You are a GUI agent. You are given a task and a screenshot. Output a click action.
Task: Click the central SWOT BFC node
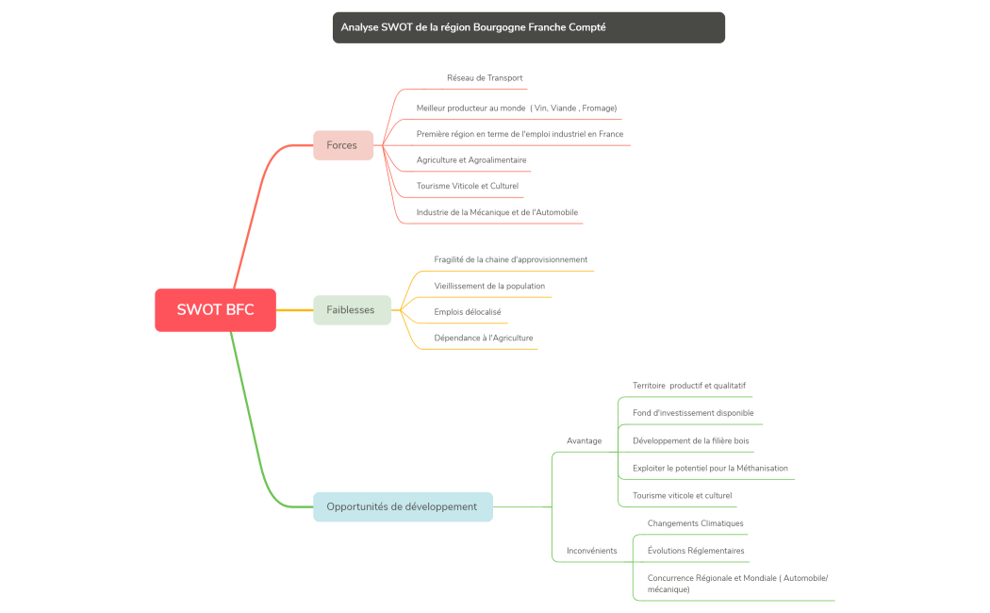[x=215, y=310]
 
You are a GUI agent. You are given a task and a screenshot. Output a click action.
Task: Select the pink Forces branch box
[x=342, y=145]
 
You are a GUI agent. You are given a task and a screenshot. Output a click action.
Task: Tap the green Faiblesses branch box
[x=351, y=309]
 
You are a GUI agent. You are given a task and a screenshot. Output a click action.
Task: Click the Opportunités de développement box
[x=403, y=506]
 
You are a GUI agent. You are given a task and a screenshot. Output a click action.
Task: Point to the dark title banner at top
[x=528, y=27]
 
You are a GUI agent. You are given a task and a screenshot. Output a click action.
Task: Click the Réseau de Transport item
[x=485, y=78]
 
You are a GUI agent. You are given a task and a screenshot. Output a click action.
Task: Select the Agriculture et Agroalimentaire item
[x=471, y=160]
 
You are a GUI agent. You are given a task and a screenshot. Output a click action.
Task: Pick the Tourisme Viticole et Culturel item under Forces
[x=468, y=186]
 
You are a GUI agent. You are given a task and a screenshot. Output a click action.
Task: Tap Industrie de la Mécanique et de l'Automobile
[x=497, y=212]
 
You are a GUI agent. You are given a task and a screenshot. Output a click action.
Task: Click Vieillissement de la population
[x=489, y=286]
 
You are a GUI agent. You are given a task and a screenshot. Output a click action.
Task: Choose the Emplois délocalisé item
[x=468, y=311]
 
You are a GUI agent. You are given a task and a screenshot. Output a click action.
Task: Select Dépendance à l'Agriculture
[x=484, y=338]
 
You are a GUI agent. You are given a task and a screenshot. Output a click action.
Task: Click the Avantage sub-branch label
[x=584, y=440]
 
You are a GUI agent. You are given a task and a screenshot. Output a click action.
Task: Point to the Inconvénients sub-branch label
[x=591, y=551]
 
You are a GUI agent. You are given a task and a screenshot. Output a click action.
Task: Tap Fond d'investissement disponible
[x=693, y=413]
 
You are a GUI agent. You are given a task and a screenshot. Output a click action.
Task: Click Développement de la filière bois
[x=691, y=440]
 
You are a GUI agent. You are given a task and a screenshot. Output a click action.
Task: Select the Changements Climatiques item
[x=695, y=523]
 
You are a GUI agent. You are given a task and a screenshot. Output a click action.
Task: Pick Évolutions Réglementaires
[x=696, y=551]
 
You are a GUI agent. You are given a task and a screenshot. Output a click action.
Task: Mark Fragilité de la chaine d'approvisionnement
[x=511, y=259]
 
